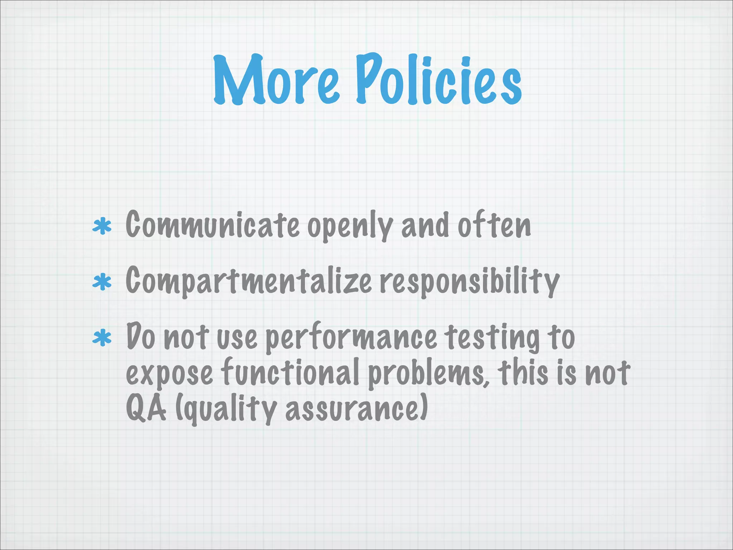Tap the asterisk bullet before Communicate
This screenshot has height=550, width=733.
click(x=102, y=226)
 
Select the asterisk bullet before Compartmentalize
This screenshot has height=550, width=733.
click(x=102, y=282)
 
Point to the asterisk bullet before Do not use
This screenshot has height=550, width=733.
click(x=102, y=338)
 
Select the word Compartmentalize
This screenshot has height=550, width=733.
click(x=249, y=281)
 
